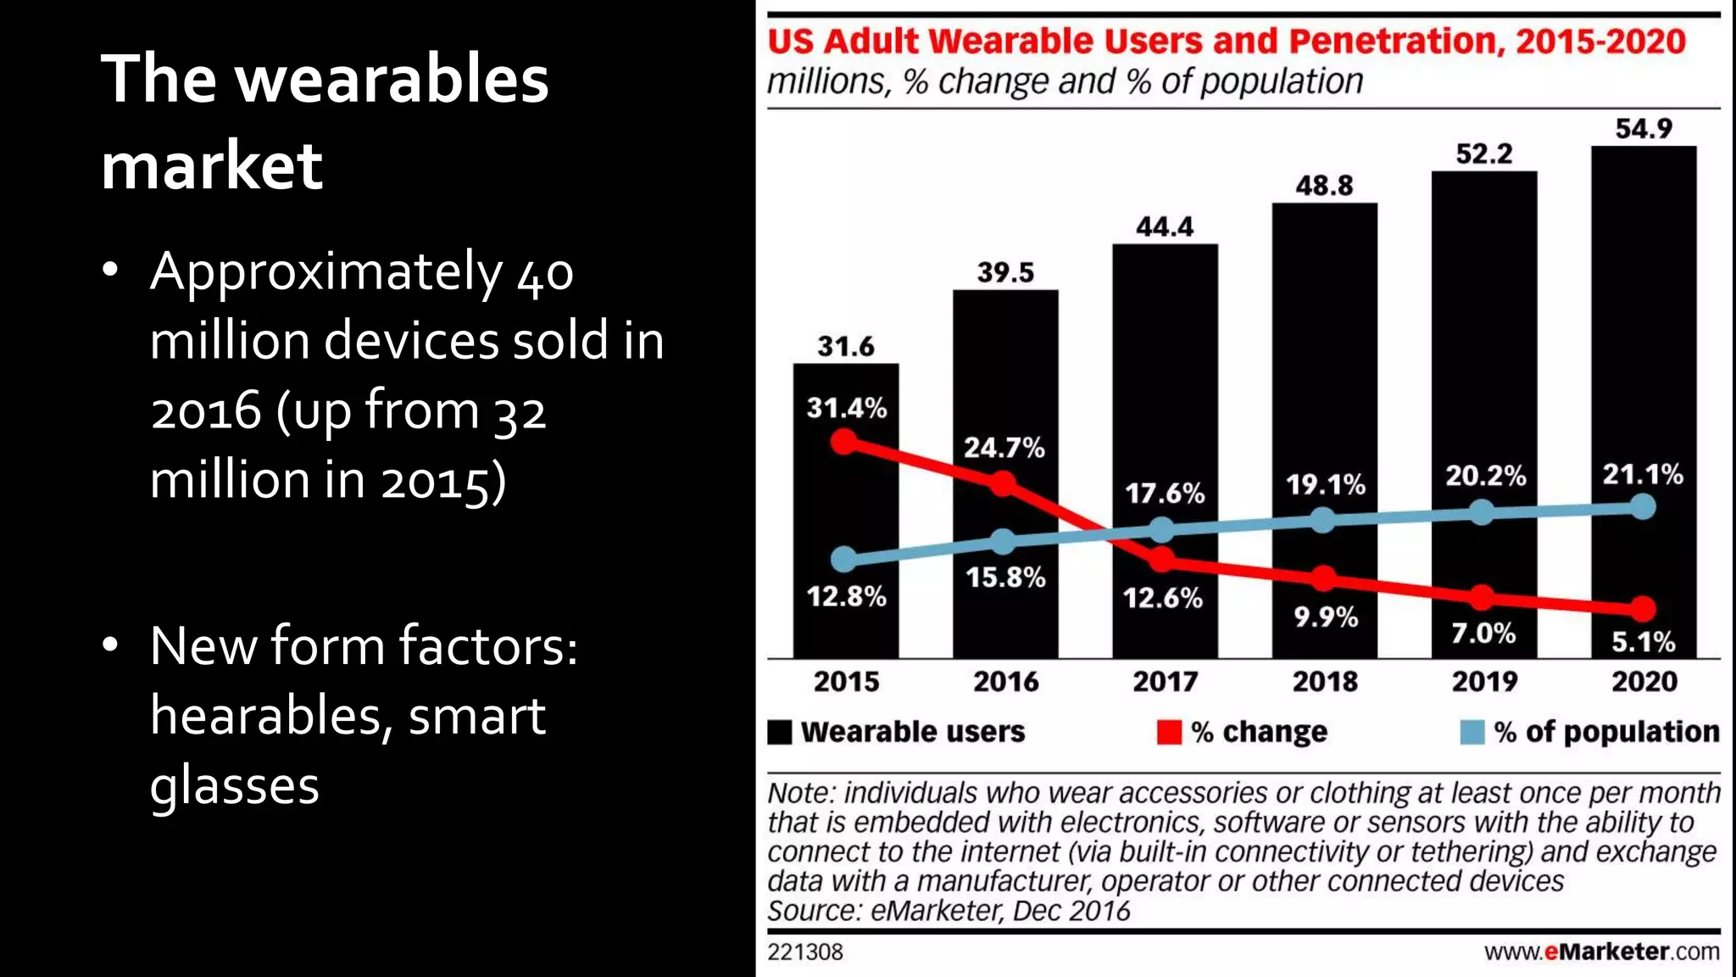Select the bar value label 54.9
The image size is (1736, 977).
coord(1643,129)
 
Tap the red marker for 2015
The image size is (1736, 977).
coord(844,442)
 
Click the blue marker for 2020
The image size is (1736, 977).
coord(1643,507)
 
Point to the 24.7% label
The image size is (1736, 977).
coord(1004,447)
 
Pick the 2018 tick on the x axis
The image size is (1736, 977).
coord(1324,681)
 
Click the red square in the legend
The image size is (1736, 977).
coord(1169,732)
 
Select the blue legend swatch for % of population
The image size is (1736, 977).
coord(1472,732)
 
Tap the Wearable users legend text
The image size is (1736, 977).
coord(912,732)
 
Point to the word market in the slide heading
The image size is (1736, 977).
coord(212,165)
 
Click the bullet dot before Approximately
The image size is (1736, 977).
coord(110,271)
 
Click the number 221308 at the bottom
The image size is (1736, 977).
coord(804,952)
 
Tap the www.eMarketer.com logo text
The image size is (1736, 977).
coord(1601,952)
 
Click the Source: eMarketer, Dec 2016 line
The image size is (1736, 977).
coord(948,911)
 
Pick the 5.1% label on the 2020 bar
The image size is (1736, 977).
coord(1643,642)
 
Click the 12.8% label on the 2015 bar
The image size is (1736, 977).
coord(846,596)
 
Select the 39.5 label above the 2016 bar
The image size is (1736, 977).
coord(1005,272)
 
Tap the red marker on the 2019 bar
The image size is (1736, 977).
coord(1482,597)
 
